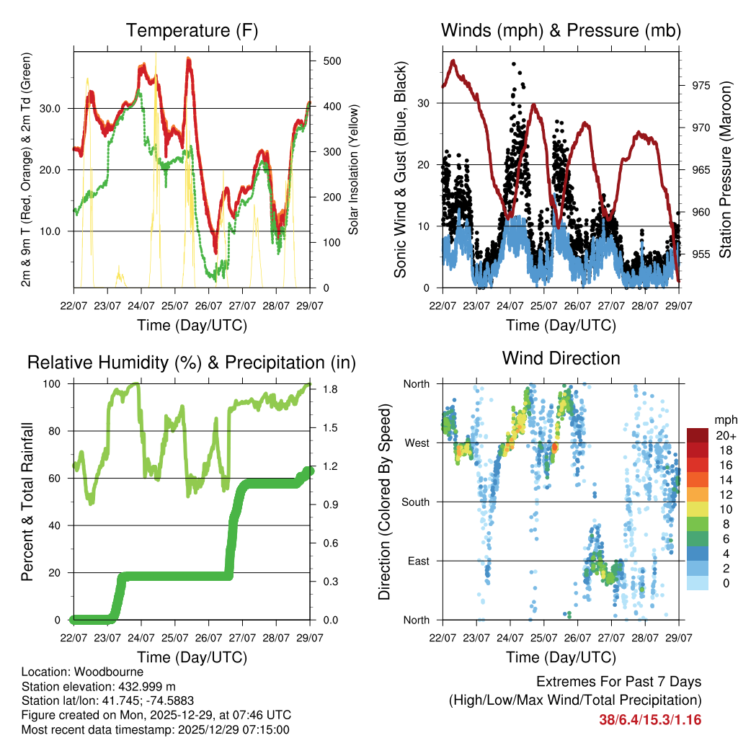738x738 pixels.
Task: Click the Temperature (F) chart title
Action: click(x=192, y=30)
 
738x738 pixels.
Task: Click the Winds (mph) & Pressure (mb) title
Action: click(x=561, y=30)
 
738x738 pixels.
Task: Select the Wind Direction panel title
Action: click(x=561, y=358)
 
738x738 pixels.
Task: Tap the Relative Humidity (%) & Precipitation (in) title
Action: click(x=192, y=363)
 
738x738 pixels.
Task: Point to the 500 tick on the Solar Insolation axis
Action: click(x=332, y=61)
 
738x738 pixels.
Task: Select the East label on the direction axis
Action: click(x=418, y=561)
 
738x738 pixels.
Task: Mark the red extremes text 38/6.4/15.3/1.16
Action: click(x=650, y=719)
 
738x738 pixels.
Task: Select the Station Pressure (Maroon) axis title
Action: click(x=725, y=172)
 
